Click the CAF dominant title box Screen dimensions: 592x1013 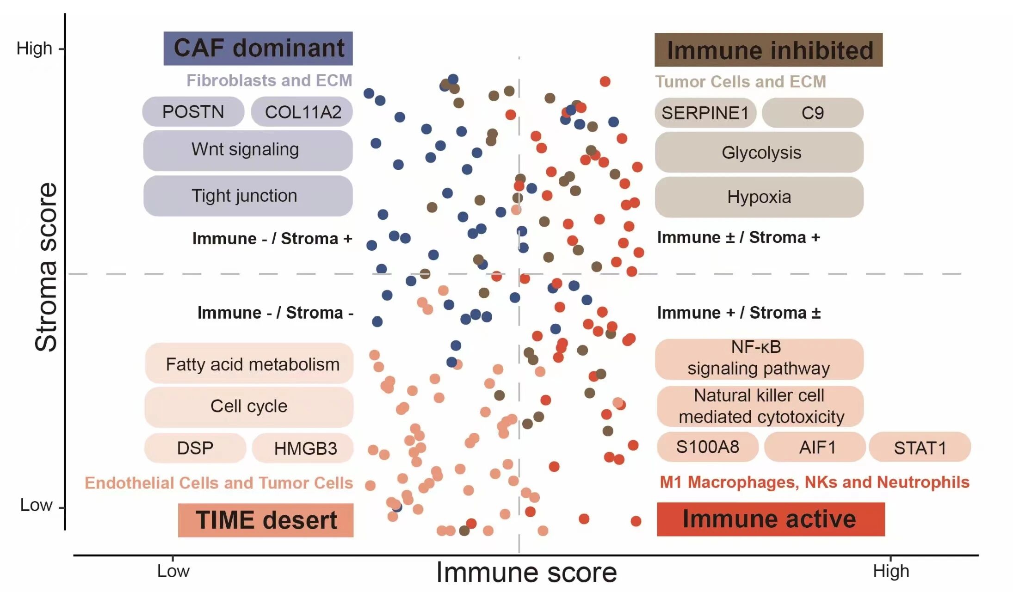pos(258,49)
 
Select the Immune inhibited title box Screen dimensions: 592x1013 pos(768,50)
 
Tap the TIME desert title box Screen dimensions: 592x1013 pos(266,520)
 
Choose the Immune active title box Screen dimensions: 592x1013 pos(771,519)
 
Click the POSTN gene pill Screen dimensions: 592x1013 pos(193,112)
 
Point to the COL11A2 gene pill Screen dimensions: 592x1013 pos(302,112)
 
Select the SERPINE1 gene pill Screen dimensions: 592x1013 pos(705,113)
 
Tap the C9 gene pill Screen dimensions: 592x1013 pos(812,113)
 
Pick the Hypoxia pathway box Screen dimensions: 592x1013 pos(759,197)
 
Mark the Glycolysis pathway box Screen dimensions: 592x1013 pos(759,153)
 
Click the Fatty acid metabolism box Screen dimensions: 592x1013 pos(249,364)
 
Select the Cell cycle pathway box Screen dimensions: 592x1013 pos(249,406)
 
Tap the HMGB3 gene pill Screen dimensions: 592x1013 pos(303,448)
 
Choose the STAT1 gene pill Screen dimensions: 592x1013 pos(920,447)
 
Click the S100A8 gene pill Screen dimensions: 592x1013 pos(707,447)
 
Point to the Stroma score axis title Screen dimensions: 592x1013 pos(46,267)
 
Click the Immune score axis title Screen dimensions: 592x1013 pos(526,573)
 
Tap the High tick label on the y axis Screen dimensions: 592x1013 pos(34,48)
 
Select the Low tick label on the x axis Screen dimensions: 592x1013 pos(173,571)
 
